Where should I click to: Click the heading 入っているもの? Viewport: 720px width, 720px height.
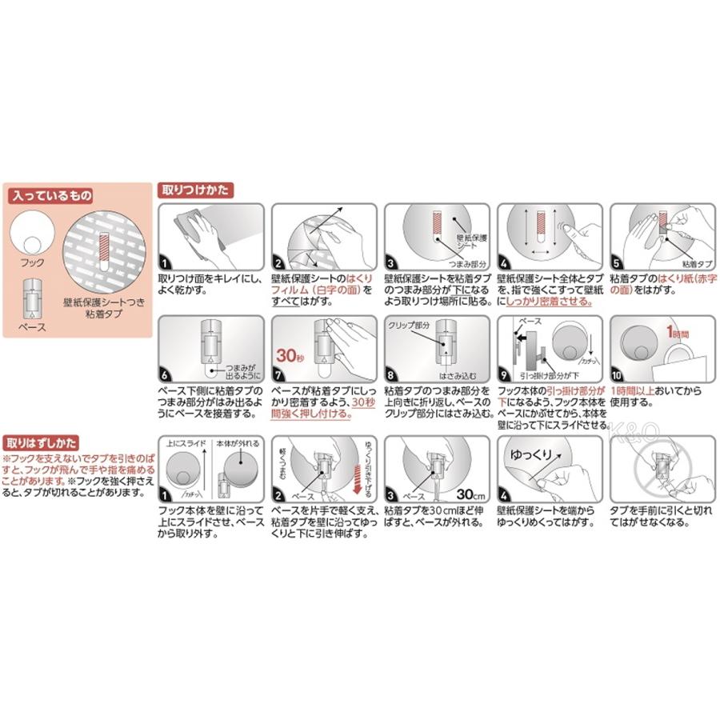(x=50, y=195)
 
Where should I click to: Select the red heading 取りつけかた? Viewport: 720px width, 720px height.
(x=197, y=191)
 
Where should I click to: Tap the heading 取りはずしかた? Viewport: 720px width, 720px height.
(x=42, y=441)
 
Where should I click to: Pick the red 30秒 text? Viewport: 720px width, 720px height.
(x=286, y=358)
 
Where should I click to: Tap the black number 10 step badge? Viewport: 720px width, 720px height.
(x=618, y=374)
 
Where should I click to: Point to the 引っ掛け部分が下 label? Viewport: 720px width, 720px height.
(x=550, y=372)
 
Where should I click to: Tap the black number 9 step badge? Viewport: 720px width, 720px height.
(x=505, y=374)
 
